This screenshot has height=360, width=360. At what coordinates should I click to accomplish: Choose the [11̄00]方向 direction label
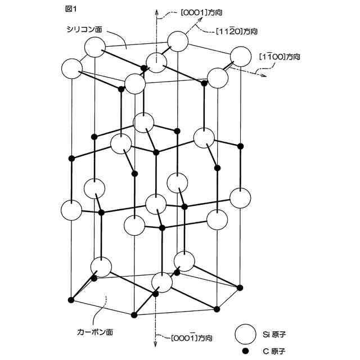click(280, 56)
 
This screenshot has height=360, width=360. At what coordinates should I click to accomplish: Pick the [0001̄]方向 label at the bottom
click(191, 338)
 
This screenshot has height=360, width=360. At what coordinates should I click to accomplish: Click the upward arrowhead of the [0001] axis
click(155, 11)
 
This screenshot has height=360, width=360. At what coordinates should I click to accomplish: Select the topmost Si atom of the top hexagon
click(178, 40)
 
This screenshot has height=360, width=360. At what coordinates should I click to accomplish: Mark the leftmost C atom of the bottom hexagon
click(71, 299)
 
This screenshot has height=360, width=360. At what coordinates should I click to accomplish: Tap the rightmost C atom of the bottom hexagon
click(240, 288)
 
